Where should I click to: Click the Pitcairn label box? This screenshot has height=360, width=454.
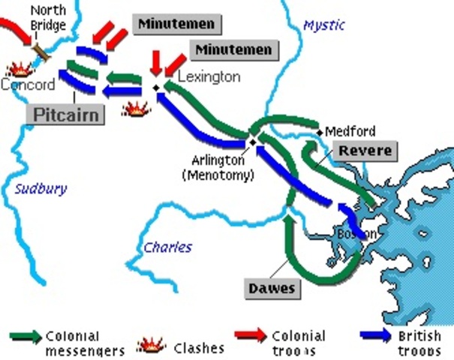[x=65, y=113]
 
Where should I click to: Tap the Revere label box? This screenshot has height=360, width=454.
[x=364, y=151]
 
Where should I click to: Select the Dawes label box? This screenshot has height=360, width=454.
[x=272, y=288]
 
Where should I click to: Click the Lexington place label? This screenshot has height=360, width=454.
[x=209, y=76]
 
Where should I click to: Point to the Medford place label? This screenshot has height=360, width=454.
[x=350, y=131]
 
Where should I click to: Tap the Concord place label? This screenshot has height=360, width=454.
[x=28, y=85]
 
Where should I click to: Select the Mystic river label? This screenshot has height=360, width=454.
[x=323, y=25]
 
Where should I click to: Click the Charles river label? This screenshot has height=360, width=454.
[x=168, y=247]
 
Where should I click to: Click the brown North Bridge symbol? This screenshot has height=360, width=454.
[x=41, y=52]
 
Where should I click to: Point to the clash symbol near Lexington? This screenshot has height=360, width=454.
[x=136, y=109]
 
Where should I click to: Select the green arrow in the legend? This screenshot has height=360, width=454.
[x=26, y=337]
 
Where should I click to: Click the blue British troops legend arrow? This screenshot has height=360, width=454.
[x=376, y=336]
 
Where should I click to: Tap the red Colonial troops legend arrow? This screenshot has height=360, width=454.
[x=251, y=336]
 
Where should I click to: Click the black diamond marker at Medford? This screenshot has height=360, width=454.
[x=320, y=133]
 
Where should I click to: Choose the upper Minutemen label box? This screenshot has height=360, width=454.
[x=177, y=24]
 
